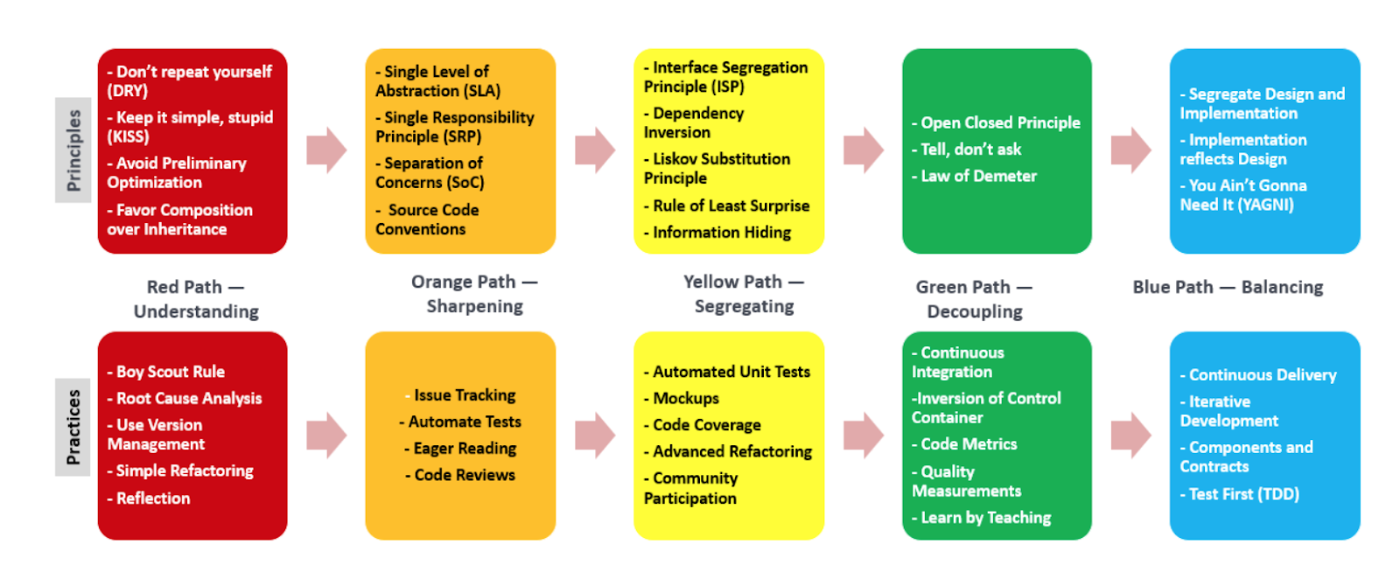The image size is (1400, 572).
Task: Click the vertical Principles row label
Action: click(73, 150)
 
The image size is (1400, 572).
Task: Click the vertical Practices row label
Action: click(73, 427)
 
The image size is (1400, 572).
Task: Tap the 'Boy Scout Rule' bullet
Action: click(166, 372)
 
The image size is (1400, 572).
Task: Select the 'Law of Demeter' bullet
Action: click(974, 176)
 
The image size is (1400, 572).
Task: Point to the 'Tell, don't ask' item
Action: click(966, 150)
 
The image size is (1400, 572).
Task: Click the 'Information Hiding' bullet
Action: click(717, 233)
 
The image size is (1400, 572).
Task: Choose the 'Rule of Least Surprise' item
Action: click(727, 206)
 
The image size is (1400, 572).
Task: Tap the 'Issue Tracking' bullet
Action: click(460, 395)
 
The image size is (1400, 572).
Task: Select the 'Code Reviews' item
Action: click(460, 475)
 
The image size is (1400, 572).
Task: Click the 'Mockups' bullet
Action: click(682, 399)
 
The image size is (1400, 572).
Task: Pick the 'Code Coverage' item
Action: click(703, 425)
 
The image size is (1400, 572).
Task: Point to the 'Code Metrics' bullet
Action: click(964, 444)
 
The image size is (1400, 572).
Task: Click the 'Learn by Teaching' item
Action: click(981, 518)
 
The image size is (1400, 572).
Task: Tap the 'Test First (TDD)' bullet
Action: click(1239, 494)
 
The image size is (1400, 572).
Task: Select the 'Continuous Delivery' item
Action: click(1258, 374)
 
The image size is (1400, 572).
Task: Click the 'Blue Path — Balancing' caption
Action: click(1228, 287)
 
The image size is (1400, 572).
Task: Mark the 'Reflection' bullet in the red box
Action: click(149, 499)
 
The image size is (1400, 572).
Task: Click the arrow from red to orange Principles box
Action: click(326, 150)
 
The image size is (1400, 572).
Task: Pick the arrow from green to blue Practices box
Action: click(1131, 436)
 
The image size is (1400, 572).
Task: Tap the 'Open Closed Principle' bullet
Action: click(997, 122)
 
